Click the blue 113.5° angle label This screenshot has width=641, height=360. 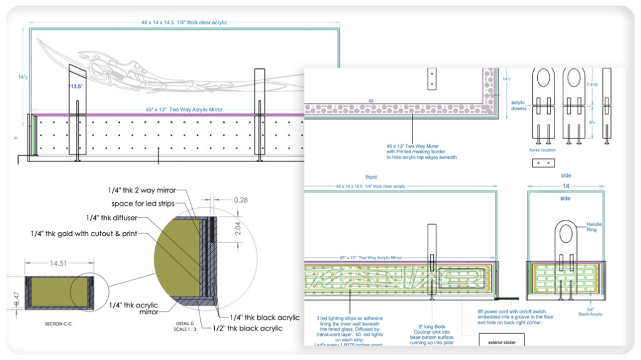[x=76, y=86]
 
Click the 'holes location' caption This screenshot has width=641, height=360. [x=542, y=150]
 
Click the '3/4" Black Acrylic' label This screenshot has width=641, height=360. [x=597, y=306]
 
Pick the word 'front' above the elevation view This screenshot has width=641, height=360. [x=374, y=177]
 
